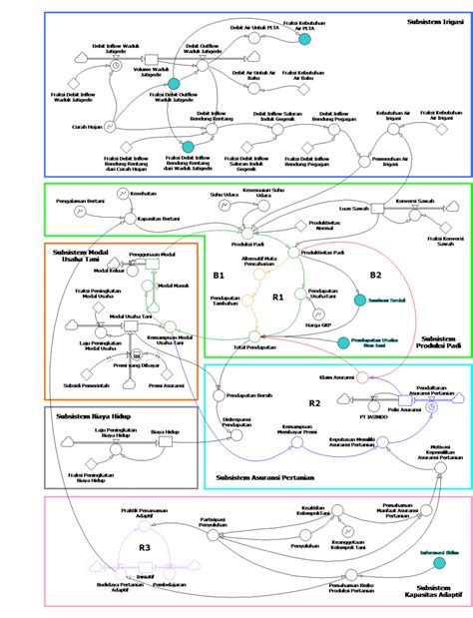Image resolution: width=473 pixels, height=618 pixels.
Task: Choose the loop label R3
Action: coord(144,548)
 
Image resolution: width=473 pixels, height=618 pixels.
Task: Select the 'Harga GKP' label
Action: coord(316,326)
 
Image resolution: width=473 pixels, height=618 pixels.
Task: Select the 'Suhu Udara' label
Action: coord(223,193)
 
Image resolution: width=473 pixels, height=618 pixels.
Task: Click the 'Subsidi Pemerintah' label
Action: coord(72,385)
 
